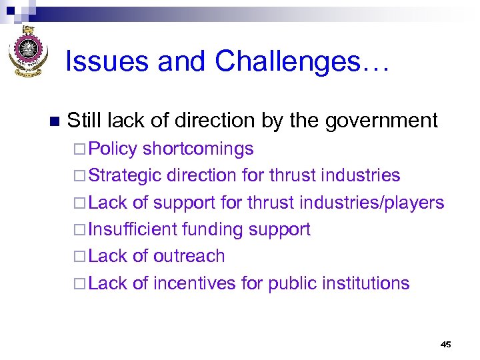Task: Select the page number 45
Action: [x=446, y=344]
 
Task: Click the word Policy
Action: [x=113, y=149]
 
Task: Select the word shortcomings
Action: [x=198, y=149]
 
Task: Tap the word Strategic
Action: [x=125, y=176]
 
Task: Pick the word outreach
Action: [x=189, y=256]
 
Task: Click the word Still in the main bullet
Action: [x=83, y=121]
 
